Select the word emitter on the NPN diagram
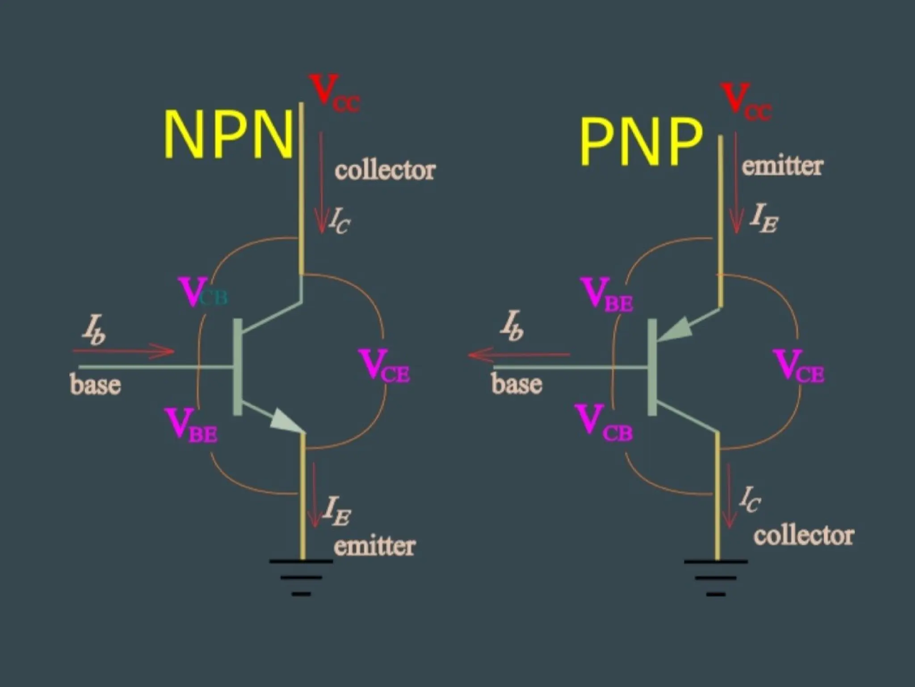374,546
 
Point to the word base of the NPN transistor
95,385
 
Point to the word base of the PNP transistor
517,384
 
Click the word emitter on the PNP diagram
782,166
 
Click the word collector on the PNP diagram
804,535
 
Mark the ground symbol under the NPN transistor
301,577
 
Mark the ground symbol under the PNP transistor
716,577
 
